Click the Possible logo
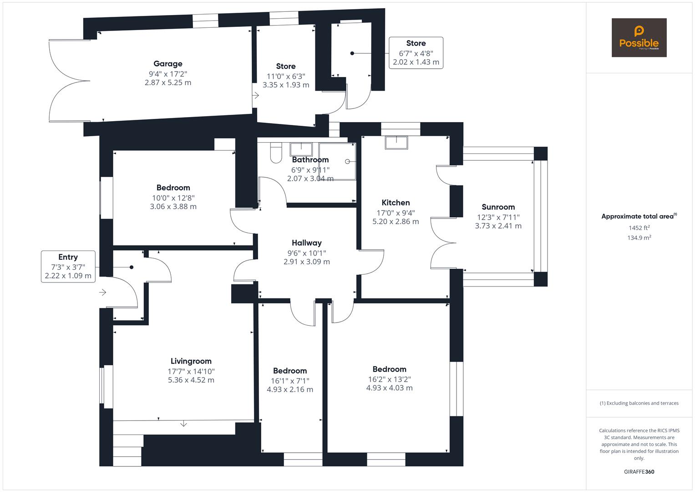tap(639, 37)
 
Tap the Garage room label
tap(168, 64)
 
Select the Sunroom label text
tap(498, 207)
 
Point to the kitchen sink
tap(396, 143)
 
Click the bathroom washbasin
tap(301, 149)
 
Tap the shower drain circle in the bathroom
tap(348, 162)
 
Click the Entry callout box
tap(68, 266)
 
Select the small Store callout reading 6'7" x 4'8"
tap(416, 53)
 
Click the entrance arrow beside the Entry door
tap(103, 292)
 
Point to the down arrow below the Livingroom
tap(183, 424)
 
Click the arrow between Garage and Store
tap(256, 96)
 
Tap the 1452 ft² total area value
tap(639, 228)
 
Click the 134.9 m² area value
tap(639, 237)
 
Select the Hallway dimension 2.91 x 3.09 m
tap(306, 262)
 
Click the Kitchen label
tap(396, 203)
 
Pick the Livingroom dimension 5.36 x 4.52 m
tap(191, 380)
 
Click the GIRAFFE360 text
tap(639, 471)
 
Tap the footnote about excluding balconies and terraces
tap(639, 403)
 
